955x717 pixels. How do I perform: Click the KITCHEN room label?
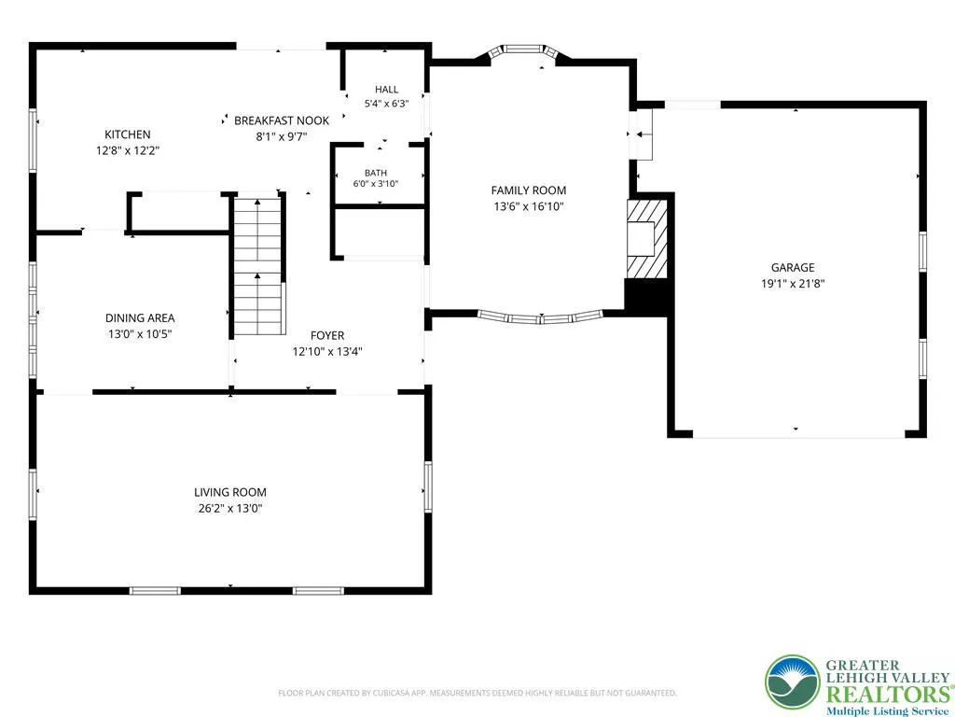(127, 134)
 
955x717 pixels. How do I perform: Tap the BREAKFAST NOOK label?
(282, 120)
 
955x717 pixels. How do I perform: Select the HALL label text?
(387, 90)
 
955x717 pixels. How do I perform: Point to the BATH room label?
(376, 173)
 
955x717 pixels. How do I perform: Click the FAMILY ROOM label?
(529, 190)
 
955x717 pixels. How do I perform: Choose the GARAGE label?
(793, 268)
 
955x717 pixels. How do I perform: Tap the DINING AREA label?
(140, 318)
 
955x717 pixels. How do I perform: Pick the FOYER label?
(327, 336)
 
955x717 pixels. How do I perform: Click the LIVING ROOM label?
(230, 493)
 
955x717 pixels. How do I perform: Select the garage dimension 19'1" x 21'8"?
(793, 284)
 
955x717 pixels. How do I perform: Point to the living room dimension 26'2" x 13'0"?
(230, 509)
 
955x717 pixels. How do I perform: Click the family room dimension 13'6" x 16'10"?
(529, 206)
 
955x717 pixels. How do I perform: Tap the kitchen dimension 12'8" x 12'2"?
(127, 150)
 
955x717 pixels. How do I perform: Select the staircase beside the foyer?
(259, 266)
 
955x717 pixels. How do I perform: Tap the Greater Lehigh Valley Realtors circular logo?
(793, 682)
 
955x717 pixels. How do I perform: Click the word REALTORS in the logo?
(887, 694)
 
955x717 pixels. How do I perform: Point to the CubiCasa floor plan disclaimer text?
(477, 693)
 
